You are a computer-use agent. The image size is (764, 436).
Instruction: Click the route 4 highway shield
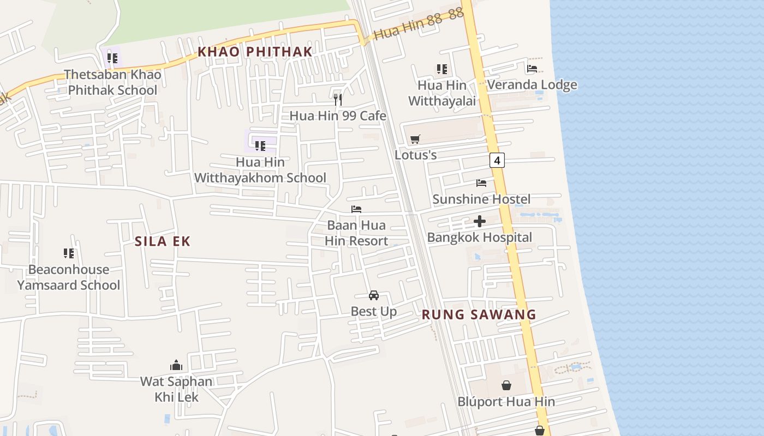click(x=497, y=160)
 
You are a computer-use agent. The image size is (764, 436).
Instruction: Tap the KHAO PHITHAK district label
click(x=255, y=52)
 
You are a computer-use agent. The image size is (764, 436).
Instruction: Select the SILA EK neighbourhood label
click(x=163, y=241)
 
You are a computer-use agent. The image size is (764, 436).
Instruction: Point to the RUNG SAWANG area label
click(x=479, y=314)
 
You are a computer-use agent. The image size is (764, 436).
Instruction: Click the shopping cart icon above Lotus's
click(x=415, y=139)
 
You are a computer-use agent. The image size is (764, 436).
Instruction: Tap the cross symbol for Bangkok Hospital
click(x=480, y=221)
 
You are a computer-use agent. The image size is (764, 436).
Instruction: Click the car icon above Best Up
click(x=374, y=295)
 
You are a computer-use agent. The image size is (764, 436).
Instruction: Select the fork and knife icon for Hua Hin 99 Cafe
click(x=338, y=99)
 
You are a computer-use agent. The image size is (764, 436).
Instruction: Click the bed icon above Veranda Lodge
click(x=532, y=69)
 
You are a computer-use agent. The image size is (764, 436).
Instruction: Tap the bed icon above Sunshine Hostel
click(x=481, y=183)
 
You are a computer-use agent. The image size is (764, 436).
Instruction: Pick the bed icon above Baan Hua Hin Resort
click(x=356, y=209)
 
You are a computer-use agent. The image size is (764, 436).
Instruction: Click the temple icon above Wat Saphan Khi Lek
click(x=176, y=365)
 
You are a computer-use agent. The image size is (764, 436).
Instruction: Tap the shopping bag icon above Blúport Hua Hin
click(x=506, y=385)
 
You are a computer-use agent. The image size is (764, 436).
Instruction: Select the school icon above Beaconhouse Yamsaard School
click(x=69, y=253)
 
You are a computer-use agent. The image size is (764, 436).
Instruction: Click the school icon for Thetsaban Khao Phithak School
click(x=112, y=58)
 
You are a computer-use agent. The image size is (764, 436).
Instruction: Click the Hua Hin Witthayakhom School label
click(x=260, y=170)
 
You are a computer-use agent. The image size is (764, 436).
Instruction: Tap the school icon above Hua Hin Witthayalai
click(x=442, y=69)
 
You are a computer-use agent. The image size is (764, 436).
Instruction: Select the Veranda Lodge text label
click(x=532, y=85)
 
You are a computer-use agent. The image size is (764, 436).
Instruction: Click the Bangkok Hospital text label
click(x=480, y=238)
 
